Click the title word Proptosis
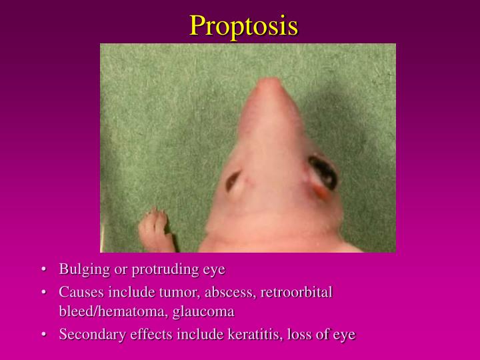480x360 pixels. (x=243, y=25)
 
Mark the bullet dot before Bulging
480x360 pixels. (x=43, y=270)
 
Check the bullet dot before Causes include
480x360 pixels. (x=43, y=292)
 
